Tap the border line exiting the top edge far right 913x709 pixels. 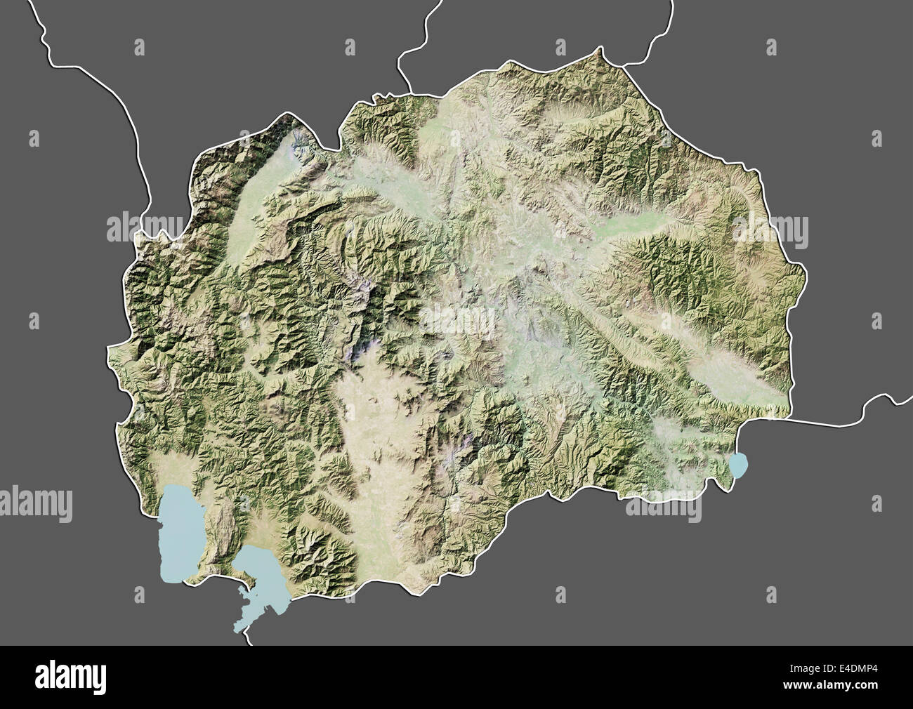[671, 14]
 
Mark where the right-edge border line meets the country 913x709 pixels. [787, 419]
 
